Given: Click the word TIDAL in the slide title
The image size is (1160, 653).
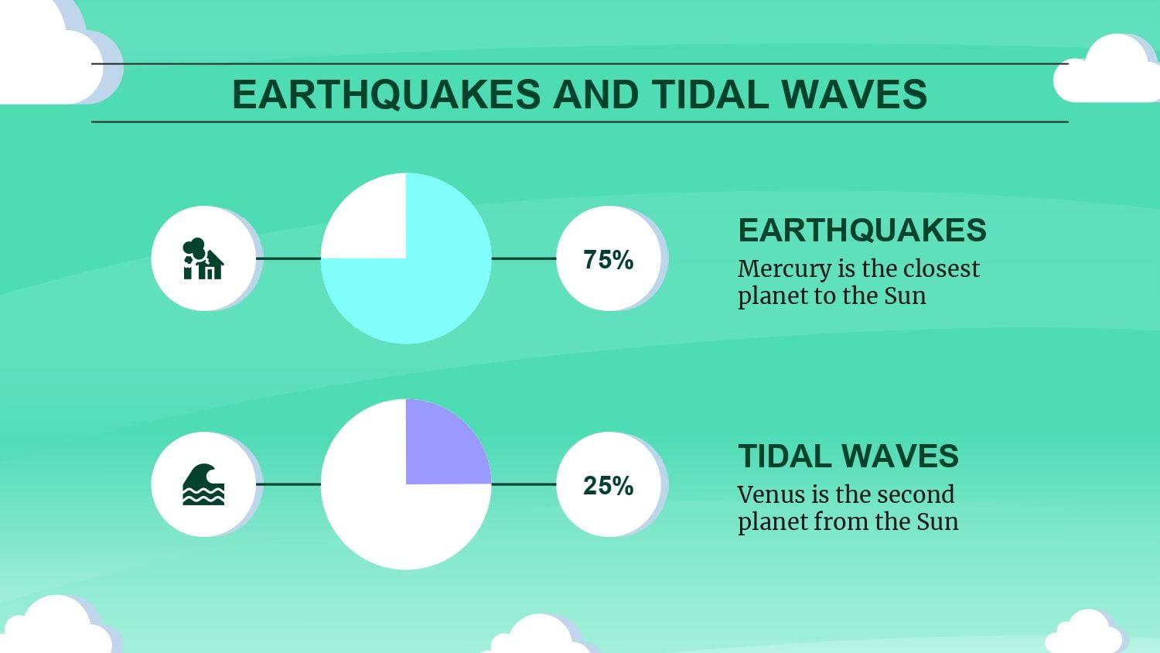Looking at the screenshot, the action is (x=709, y=94).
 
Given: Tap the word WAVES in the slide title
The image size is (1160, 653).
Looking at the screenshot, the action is (x=854, y=94).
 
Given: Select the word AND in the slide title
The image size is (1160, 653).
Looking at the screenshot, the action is (x=595, y=94).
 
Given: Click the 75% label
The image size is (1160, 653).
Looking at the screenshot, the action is (x=609, y=260).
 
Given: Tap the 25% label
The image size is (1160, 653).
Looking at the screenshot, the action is (x=609, y=486).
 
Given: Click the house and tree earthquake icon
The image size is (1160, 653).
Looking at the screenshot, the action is (x=203, y=258).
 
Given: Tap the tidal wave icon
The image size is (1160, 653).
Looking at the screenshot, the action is (x=203, y=484).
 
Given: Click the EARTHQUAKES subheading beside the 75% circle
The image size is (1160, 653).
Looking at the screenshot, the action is (x=862, y=230).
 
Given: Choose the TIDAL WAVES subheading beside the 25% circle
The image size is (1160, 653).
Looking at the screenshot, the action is (x=848, y=456).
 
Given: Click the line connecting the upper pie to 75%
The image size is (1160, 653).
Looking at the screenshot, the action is (x=524, y=258).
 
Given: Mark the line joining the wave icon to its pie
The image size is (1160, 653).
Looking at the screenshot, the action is (x=288, y=484).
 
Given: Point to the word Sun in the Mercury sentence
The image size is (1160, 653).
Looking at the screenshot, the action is (x=905, y=296).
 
